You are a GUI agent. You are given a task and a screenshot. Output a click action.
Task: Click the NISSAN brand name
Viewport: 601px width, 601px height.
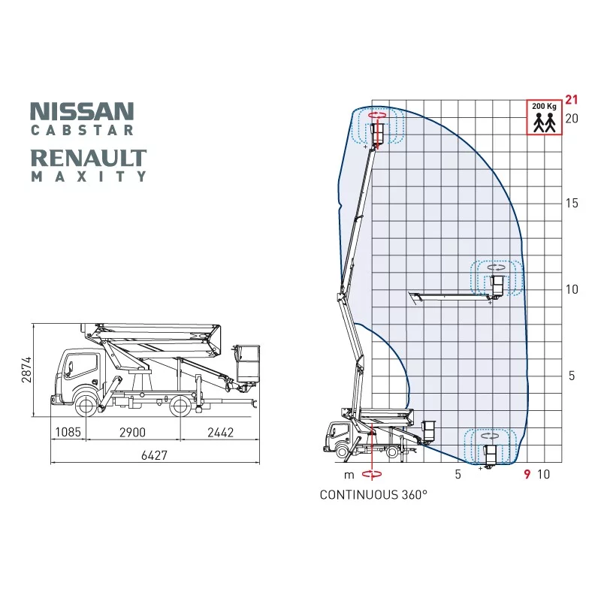[82, 111]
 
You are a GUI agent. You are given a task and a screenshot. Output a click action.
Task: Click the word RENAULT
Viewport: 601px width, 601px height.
[89, 159]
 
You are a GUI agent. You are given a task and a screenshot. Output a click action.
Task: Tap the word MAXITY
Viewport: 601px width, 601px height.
[89, 177]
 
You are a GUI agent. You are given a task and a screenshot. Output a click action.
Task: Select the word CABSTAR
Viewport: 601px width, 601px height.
[82, 130]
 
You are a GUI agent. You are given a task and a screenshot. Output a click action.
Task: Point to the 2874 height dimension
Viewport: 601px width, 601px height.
[26, 370]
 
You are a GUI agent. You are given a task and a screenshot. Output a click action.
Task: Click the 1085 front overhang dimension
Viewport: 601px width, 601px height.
[68, 432]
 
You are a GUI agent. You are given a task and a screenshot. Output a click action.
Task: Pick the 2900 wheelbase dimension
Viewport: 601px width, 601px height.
[133, 432]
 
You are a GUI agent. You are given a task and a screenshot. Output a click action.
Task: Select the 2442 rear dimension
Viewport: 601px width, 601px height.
[220, 432]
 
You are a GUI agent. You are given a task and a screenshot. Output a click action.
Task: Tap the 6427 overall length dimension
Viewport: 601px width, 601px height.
[155, 455]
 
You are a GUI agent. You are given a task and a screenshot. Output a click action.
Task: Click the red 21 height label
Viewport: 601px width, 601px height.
[571, 99]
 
